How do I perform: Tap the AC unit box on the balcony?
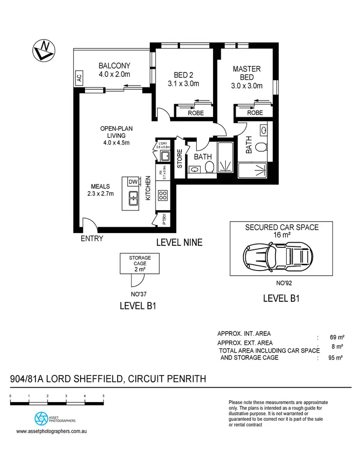(79, 79)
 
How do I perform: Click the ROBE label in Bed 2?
(195, 113)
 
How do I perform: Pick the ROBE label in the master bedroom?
(255, 113)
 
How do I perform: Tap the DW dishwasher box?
(132, 181)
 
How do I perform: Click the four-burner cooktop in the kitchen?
(163, 195)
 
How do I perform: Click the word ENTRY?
(92, 238)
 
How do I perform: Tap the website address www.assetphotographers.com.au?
(51, 431)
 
